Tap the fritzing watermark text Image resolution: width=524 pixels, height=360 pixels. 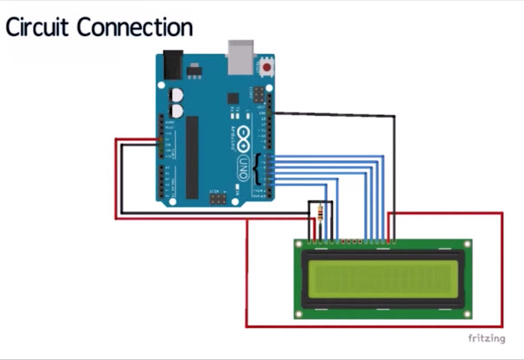[485, 338]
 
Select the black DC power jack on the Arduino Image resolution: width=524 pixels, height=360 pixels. [172, 63]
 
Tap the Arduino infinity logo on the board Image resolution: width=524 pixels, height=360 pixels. [243, 135]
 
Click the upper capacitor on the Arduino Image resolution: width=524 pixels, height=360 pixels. [177, 95]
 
